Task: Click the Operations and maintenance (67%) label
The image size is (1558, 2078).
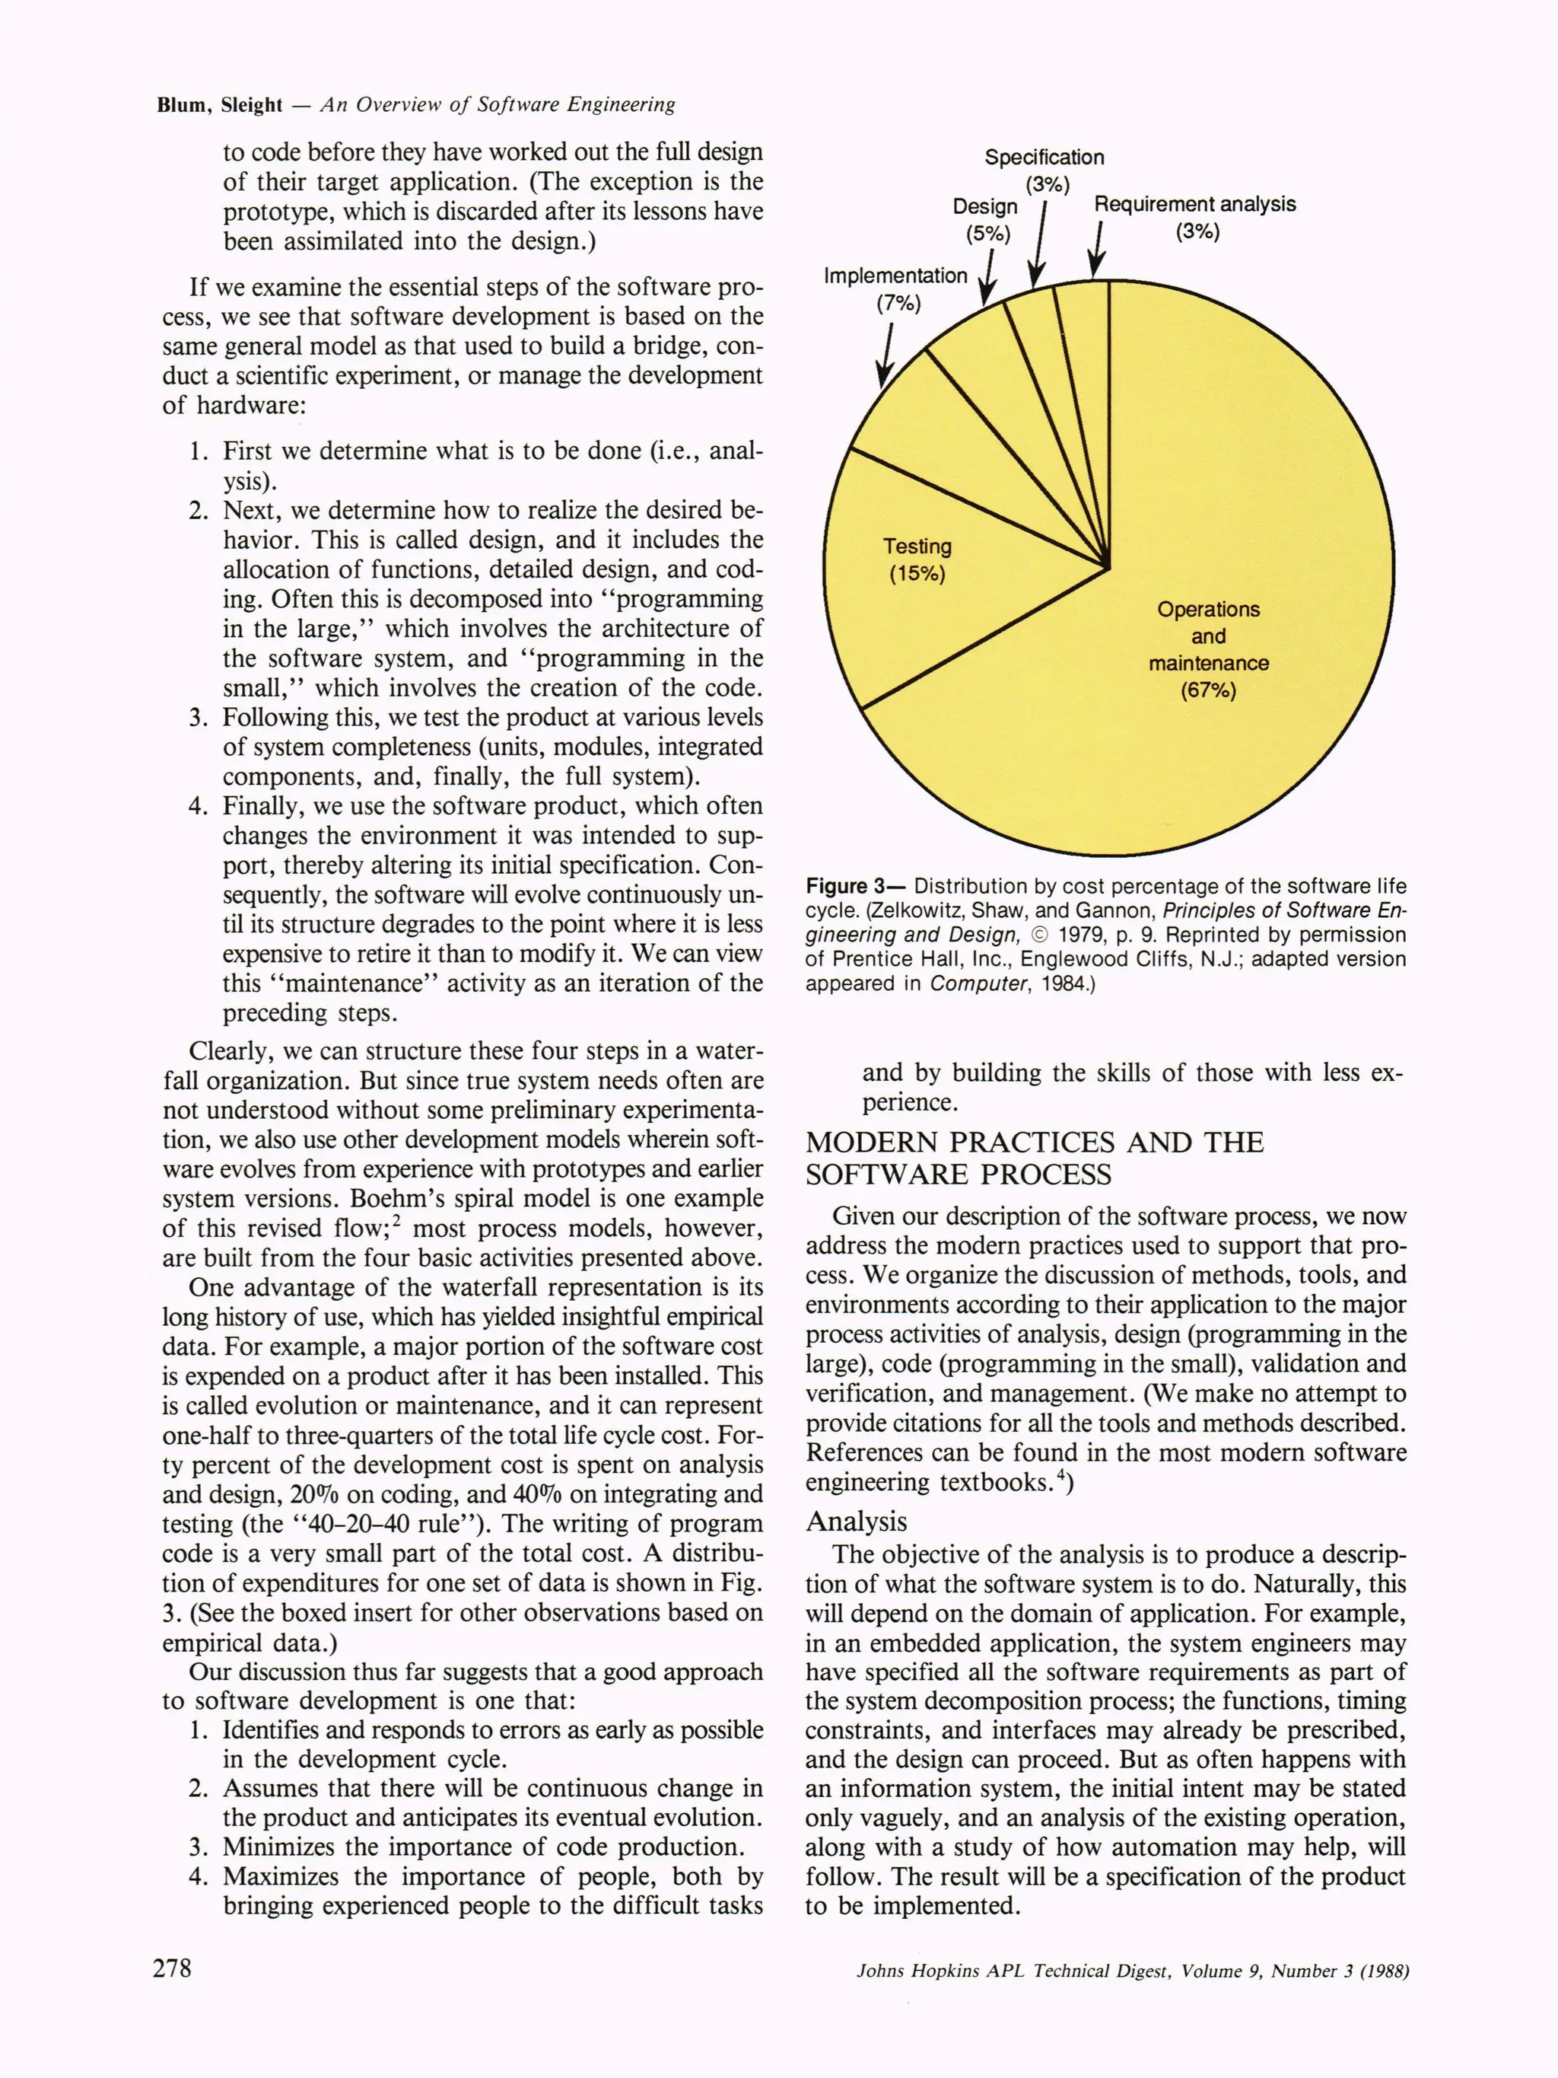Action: [1208, 649]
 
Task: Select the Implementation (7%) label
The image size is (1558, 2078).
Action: [896, 288]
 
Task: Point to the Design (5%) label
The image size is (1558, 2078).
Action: [986, 219]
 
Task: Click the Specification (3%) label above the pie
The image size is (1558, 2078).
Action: [1044, 169]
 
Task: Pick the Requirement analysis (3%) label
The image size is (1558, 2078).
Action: [1194, 217]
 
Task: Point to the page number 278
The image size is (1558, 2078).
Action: [172, 1967]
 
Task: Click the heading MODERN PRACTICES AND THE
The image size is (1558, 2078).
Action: [1034, 1143]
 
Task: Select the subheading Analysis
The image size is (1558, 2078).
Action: [856, 1521]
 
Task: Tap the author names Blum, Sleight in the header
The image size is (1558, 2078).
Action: [220, 105]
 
